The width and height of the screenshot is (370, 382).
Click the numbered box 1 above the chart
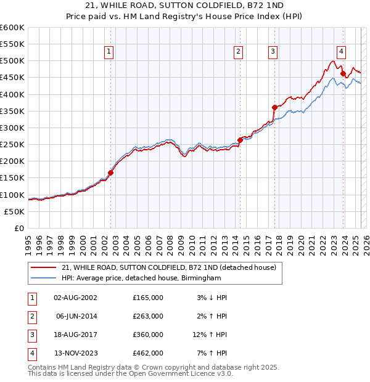point(109,52)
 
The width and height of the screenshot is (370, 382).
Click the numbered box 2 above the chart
point(238,52)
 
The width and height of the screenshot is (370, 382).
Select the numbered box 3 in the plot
point(273,52)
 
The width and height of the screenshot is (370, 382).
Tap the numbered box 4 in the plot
point(341,52)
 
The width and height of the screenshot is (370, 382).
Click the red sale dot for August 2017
point(274,107)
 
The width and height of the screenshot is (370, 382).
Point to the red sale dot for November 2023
point(343,73)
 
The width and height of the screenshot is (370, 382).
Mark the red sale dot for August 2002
point(111,173)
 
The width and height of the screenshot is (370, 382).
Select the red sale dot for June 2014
point(240,140)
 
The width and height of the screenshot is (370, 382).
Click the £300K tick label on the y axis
point(12,128)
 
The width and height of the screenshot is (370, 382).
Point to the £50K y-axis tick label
point(14,211)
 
